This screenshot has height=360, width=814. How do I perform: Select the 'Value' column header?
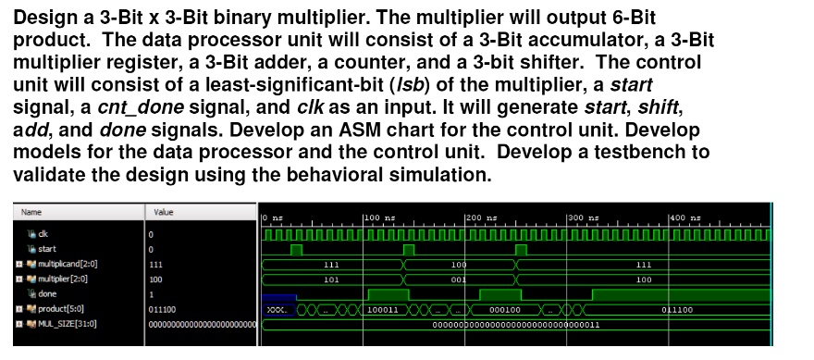[x=164, y=212]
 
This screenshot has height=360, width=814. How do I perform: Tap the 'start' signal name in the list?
[x=46, y=249]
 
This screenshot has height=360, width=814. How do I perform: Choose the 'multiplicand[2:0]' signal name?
[x=68, y=264]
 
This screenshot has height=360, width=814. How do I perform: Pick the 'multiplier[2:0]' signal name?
[x=63, y=279]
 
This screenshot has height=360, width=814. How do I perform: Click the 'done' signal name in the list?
[x=47, y=293]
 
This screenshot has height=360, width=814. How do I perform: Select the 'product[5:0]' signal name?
[x=59, y=308]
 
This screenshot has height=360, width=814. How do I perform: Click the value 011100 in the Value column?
[x=163, y=308]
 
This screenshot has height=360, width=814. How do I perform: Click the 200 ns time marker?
[x=481, y=217]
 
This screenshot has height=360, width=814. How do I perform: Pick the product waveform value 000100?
[x=505, y=309]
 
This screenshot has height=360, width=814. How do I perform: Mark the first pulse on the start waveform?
[x=296, y=249]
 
